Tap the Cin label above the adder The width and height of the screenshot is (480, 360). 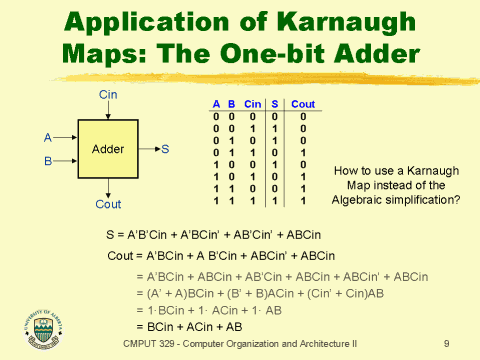click(x=108, y=94)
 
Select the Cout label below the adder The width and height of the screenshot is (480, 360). click(x=108, y=204)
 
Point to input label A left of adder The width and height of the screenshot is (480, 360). click(x=47, y=137)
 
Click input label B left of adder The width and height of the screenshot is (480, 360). click(x=47, y=159)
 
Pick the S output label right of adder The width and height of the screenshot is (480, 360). click(x=165, y=149)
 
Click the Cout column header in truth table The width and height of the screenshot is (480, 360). click(x=304, y=104)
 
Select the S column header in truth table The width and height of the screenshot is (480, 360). click(x=274, y=104)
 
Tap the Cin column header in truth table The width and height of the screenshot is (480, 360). click(x=253, y=104)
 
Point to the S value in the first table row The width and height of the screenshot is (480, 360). click(x=274, y=116)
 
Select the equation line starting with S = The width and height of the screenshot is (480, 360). click(x=213, y=234)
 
